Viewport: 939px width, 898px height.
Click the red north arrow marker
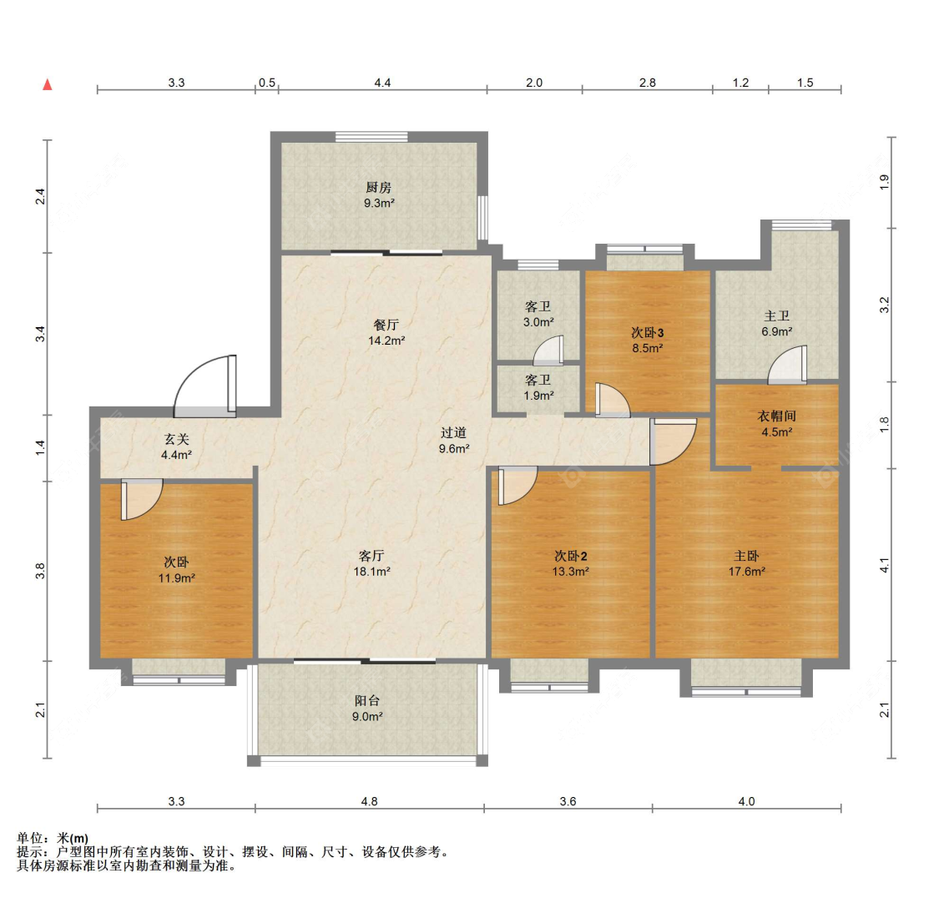48,84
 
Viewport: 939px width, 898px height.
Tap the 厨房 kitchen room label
378,188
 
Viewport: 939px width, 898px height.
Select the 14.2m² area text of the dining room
386,341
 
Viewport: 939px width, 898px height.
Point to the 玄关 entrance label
177,440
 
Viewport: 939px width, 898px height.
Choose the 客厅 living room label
371,556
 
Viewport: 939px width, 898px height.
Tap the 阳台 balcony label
366,700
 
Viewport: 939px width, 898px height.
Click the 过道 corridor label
453,432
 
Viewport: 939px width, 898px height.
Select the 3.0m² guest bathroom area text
538,322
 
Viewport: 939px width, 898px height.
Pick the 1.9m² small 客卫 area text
538,396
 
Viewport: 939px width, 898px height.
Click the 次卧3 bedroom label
648,333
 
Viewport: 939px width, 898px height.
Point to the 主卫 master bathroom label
777,316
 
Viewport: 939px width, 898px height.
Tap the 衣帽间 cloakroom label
777,416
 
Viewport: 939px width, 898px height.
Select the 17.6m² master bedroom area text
747,572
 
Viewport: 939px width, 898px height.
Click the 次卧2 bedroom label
571,556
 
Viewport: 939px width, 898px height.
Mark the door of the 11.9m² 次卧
142,499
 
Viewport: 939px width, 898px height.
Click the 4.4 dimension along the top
382,83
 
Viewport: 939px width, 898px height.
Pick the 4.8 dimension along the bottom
370,801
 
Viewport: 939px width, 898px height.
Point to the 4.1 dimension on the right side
885,565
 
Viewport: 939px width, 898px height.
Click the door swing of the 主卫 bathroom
787,365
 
